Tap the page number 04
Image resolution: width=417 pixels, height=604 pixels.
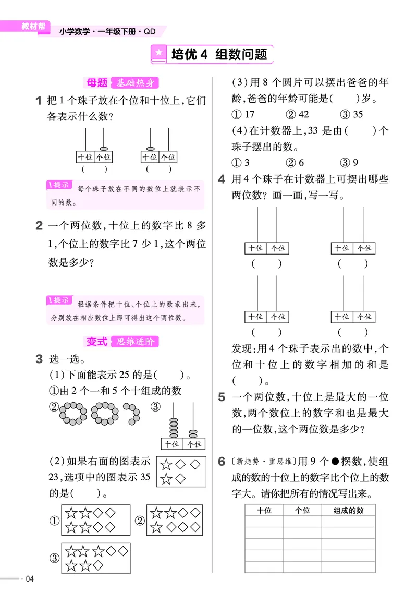[x=29, y=579]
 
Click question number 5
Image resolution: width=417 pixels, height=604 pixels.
[x=222, y=397]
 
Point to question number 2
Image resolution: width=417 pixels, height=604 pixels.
[x=39, y=226]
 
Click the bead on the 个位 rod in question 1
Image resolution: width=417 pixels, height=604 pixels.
[x=104, y=149]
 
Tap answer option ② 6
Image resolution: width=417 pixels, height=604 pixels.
[x=295, y=163]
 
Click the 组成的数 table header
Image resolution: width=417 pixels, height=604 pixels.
[x=348, y=511]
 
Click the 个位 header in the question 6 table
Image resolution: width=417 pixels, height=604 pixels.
[x=302, y=511]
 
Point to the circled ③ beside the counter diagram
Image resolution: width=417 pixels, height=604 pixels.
[x=155, y=407]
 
